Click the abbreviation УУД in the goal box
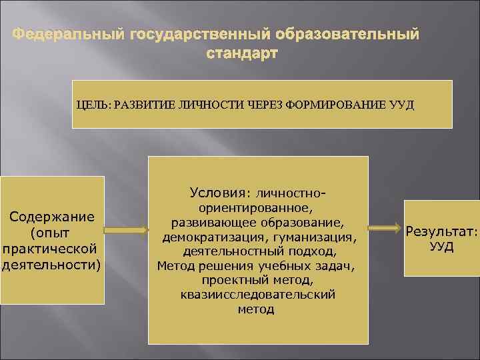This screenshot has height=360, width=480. click(400, 105)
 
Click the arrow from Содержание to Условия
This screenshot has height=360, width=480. click(126, 231)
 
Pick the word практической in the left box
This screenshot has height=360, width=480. click(51, 249)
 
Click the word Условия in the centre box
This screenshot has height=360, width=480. click(217, 193)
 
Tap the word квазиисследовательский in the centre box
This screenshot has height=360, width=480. click(257, 294)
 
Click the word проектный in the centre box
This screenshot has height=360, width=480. click(229, 280)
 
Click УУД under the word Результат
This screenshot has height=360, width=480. click(441, 247)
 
